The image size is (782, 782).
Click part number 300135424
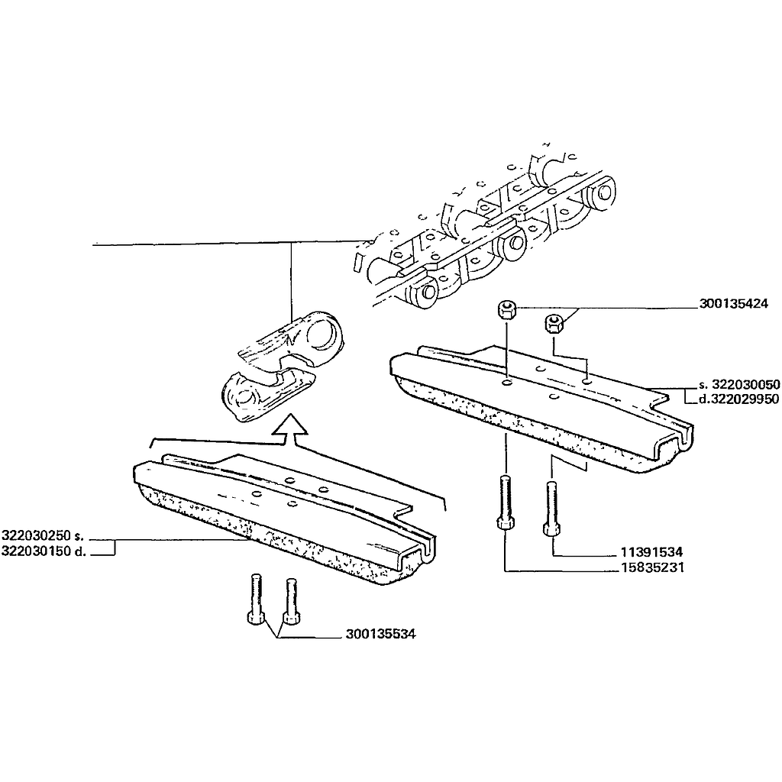coord(733,303)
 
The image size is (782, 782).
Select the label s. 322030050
coord(739,385)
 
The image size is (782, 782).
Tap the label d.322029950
coord(738,399)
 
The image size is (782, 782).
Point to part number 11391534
coord(651,552)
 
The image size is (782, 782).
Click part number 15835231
coord(652,567)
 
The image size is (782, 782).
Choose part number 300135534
coord(380,634)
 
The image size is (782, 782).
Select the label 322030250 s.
coord(43,536)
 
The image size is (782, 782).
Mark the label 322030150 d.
coord(44,551)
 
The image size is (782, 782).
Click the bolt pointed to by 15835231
coord(506,504)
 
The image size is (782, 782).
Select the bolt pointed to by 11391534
coord(551,509)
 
